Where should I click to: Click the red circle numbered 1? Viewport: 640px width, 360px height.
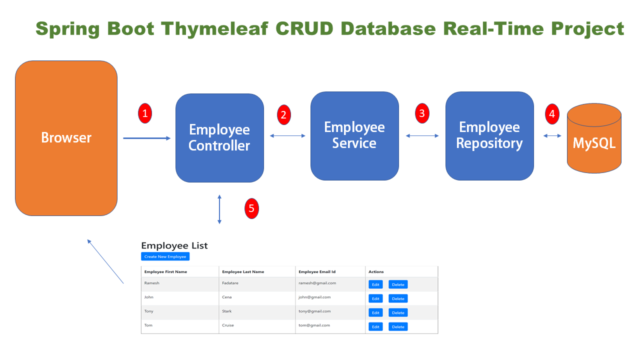144,113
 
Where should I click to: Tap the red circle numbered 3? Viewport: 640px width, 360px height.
422,113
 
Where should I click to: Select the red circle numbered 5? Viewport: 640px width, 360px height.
251,208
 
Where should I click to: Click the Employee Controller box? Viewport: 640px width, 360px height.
219,138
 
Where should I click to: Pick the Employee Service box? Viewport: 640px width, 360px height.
354,135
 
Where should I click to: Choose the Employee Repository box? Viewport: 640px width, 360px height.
489,135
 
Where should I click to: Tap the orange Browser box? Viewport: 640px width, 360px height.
66,138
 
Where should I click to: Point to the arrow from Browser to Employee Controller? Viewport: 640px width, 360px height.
146,138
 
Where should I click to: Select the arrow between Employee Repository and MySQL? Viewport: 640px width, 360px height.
552,135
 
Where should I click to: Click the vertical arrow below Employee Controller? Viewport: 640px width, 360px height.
219,208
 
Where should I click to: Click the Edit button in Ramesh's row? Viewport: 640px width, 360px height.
375,284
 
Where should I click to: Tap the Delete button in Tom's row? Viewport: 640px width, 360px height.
398,326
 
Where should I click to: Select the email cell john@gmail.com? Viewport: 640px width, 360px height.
314,297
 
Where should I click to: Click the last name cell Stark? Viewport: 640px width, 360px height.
227,311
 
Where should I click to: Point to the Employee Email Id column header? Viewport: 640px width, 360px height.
317,272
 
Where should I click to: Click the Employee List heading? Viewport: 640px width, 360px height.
174,245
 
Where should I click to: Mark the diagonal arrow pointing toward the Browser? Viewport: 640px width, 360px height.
105,261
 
